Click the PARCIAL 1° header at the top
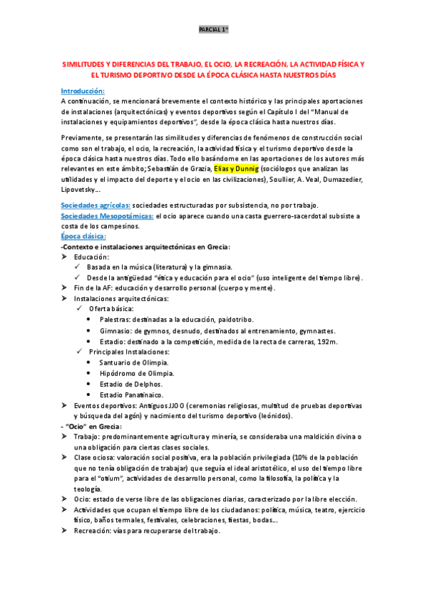[x=213, y=30]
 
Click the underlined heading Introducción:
[x=83, y=91]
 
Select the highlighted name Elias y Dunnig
[x=237, y=168]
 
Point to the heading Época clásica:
[x=83, y=236]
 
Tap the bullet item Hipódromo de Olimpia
[x=141, y=373]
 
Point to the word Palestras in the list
[x=118, y=320]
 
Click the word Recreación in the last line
[x=95, y=531]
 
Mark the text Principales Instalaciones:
[x=130, y=352]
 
